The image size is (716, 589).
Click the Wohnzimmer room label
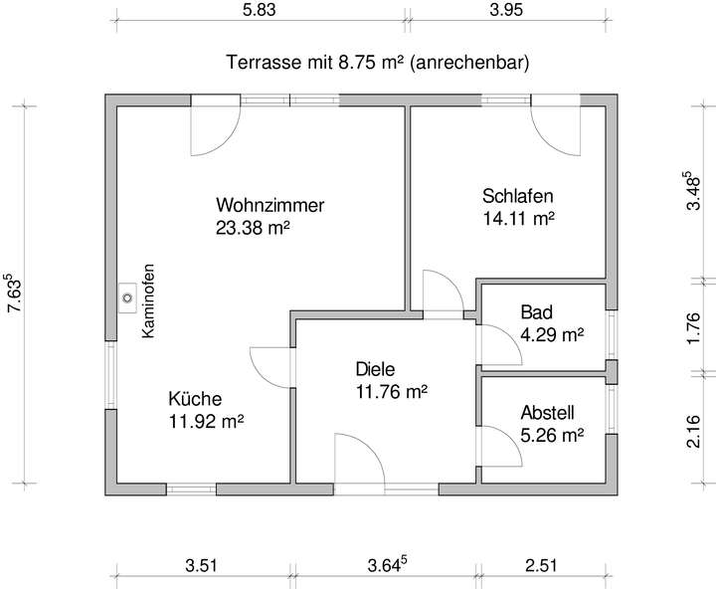270,206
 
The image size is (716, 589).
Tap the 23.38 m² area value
253,228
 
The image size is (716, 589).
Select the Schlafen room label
518,195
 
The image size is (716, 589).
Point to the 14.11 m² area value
518,217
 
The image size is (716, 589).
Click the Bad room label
536,312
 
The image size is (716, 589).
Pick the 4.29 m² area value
551,334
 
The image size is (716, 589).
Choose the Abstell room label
548,413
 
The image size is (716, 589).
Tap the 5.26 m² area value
551,435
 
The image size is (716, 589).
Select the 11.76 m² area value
391,392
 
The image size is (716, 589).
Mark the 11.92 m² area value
207,420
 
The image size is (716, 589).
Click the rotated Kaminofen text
148,300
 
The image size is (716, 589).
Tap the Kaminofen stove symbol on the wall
128,295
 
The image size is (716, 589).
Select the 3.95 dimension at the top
505,11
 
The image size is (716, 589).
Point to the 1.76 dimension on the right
694,327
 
